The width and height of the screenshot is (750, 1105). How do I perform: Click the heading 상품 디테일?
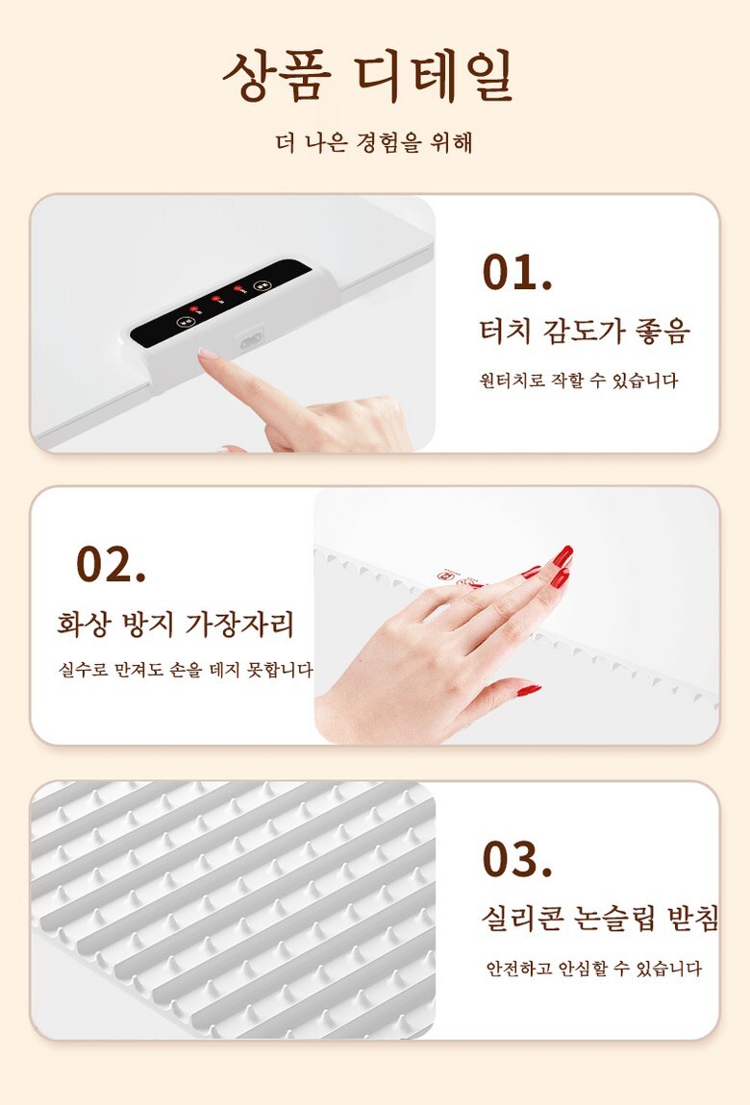pos(368,75)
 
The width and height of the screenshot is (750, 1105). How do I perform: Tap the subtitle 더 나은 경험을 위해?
pos(374,142)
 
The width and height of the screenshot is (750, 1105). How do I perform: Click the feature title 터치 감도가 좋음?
pos(585,331)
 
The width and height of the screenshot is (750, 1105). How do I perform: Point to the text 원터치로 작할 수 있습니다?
pos(578,381)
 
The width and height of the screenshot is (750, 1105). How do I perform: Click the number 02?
pos(111,563)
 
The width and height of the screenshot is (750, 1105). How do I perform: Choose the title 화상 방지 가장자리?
pos(176,625)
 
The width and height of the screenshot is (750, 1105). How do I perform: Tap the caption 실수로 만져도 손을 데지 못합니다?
pos(187,669)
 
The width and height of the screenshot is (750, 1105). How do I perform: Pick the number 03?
pos(516,858)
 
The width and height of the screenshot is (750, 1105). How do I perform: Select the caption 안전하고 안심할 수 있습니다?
pos(593,969)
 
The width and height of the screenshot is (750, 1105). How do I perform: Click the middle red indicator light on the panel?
pos(215,299)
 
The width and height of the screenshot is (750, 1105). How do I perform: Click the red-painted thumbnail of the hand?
pos(529,690)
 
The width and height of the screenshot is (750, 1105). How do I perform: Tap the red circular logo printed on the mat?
pos(445,575)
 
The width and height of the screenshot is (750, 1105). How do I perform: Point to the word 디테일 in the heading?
pos(435,75)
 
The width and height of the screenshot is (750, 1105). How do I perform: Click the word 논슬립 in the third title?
pos(615,919)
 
